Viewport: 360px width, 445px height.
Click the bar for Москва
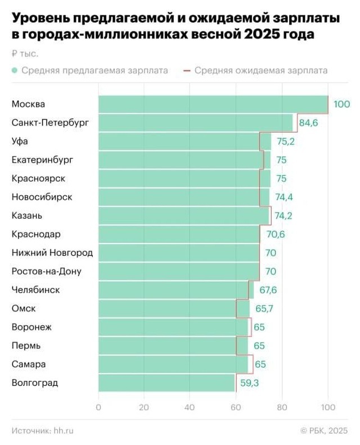pyautogui.click(x=213, y=104)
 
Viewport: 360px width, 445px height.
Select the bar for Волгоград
pyautogui.click(x=166, y=383)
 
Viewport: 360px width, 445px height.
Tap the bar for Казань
pyautogui.click(x=183, y=215)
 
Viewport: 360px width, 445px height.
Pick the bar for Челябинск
pyautogui.click(x=176, y=290)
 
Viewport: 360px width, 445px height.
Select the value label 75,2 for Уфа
pyautogui.click(x=285, y=141)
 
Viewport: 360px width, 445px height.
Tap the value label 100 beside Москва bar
pyautogui.click(x=341, y=104)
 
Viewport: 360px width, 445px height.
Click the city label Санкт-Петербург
pyautogui.click(x=50, y=123)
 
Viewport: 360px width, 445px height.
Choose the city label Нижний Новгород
pyautogui.click(x=52, y=253)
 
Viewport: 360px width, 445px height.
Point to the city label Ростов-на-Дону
pyautogui.click(x=46, y=271)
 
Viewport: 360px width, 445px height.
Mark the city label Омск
pyautogui.click(x=24, y=308)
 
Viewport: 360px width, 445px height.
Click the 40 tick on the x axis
pyautogui.click(x=190, y=408)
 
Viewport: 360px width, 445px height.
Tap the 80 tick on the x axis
pyautogui.click(x=282, y=408)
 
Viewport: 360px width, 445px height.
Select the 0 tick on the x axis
pyautogui.click(x=98, y=408)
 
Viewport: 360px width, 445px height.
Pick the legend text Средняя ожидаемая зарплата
pyautogui.click(x=261, y=71)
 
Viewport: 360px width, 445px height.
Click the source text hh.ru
pyautogui.click(x=64, y=430)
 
